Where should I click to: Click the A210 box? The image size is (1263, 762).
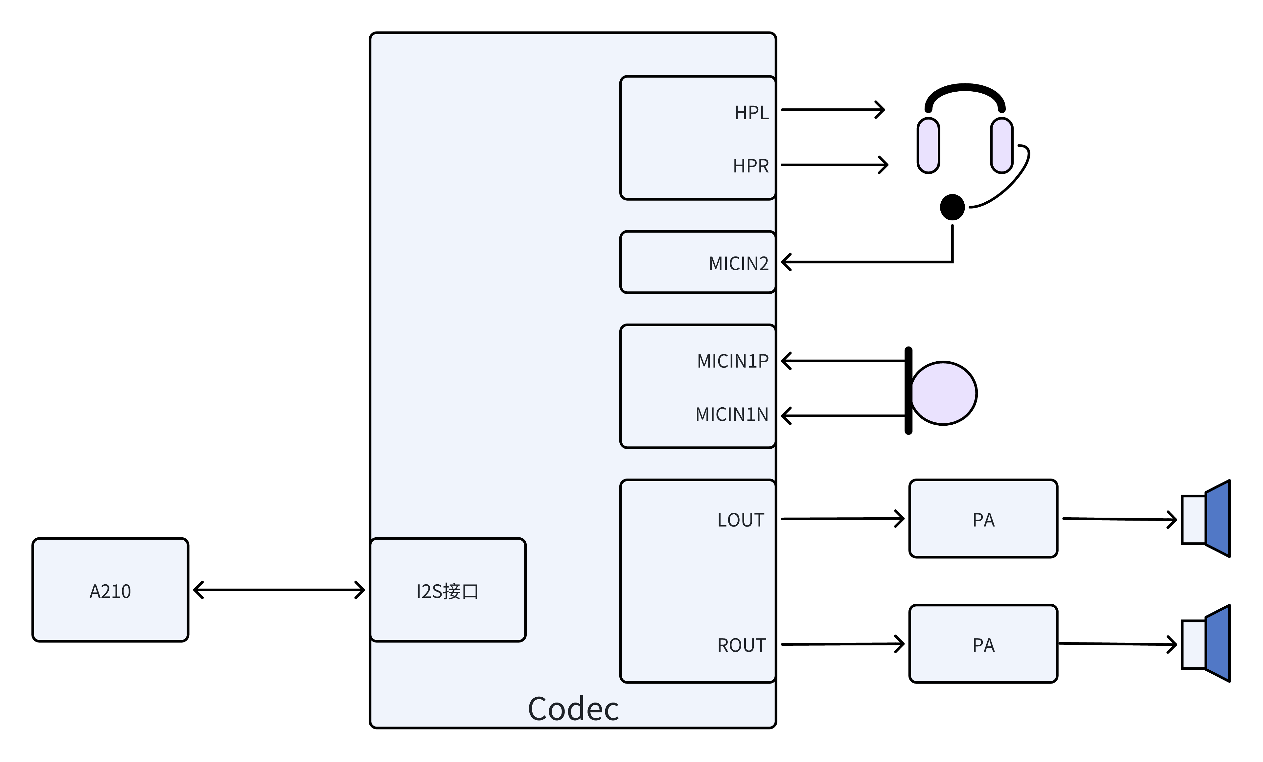coord(110,590)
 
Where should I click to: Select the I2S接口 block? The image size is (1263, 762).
coord(448,590)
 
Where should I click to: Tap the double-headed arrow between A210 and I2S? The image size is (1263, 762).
coord(279,590)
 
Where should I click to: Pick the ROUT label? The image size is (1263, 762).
coord(741,645)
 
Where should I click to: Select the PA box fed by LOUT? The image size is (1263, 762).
coord(983,519)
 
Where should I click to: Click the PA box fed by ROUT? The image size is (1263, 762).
coord(983,644)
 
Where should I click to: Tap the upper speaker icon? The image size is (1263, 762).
coord(1206,519)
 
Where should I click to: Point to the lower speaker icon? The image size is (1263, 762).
coord(1206,644)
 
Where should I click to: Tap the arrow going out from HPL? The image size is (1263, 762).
coord(833,110)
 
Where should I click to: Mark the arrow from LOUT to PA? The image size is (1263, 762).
coord(842,519)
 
